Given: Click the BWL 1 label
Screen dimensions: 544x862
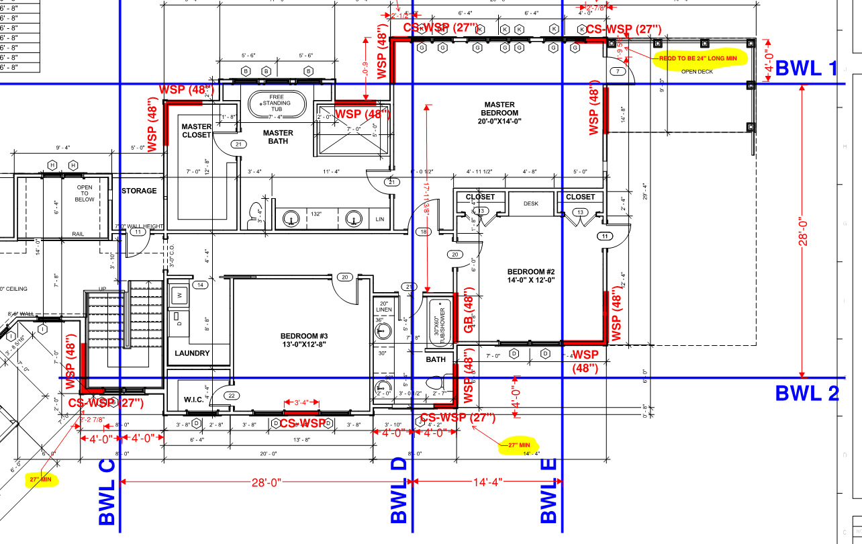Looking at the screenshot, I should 806,68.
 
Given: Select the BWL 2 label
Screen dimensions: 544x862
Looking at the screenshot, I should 807,393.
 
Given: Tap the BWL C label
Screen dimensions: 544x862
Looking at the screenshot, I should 107,492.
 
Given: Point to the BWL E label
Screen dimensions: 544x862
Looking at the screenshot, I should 549,492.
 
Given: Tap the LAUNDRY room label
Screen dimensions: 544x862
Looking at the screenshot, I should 192,353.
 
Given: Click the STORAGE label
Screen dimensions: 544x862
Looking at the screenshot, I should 139,191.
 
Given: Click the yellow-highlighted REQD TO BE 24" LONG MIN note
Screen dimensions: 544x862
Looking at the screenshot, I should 698,59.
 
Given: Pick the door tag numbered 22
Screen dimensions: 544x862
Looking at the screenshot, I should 232,396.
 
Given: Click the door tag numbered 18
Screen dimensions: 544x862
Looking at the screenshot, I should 423,232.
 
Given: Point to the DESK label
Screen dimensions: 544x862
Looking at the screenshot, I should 532,203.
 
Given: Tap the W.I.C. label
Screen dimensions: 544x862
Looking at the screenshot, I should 193,400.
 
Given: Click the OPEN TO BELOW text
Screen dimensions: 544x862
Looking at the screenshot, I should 84,193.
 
